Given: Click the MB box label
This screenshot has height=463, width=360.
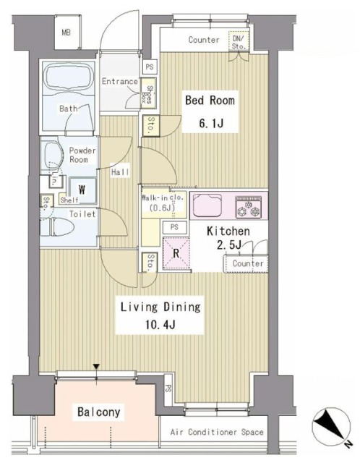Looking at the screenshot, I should coord(66,33).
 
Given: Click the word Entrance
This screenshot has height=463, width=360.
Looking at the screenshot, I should coord(119,82).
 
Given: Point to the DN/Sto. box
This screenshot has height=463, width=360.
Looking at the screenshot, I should coord(239,42).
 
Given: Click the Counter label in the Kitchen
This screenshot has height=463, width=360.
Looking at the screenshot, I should coord(248,264).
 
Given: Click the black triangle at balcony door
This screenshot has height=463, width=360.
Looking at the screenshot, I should coord(97,368).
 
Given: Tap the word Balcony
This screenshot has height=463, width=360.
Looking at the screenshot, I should coord(100,412).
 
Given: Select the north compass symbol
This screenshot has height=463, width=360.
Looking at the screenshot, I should coord(330,428).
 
